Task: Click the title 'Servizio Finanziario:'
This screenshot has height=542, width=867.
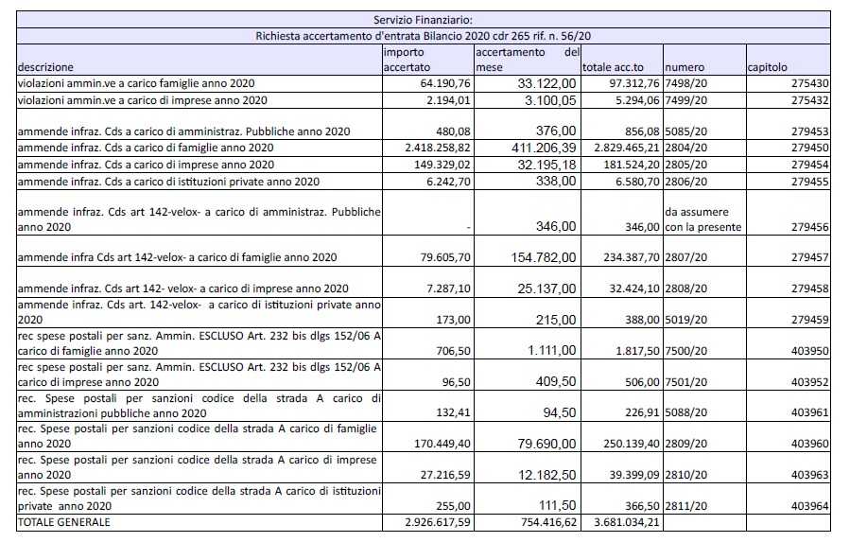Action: (424, 19)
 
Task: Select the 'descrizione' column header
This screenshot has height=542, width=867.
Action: (46, 68)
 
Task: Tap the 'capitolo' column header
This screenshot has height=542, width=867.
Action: (767, 68)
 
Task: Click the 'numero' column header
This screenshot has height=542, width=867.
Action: (684, 68)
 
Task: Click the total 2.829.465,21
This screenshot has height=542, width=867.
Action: (619, 149)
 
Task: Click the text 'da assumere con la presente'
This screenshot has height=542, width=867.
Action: (702, 219)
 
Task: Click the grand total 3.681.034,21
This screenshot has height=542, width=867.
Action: (619, 522)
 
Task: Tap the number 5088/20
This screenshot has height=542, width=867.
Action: (685, 410)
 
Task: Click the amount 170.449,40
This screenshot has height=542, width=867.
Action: (437, 442)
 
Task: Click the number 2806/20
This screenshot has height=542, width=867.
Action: (685, 181)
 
